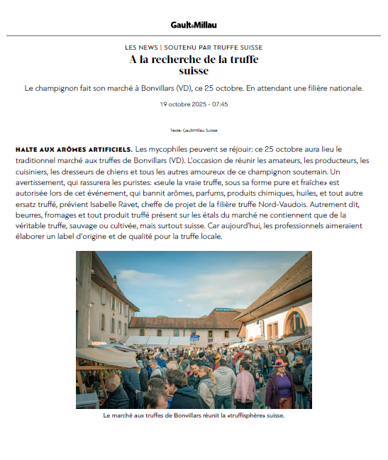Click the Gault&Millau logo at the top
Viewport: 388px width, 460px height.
click(194, 25)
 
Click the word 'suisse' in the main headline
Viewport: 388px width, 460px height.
click(194, 71)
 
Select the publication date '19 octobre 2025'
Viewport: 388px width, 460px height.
click(182, 104)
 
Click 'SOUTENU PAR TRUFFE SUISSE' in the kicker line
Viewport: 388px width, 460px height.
click(214, 47)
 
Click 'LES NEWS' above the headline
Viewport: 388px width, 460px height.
click(141, 47)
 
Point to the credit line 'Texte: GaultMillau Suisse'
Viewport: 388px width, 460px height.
click(194, 130)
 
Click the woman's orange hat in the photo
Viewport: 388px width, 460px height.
click(278, 364)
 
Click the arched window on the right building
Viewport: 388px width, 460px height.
click(296, 323)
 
